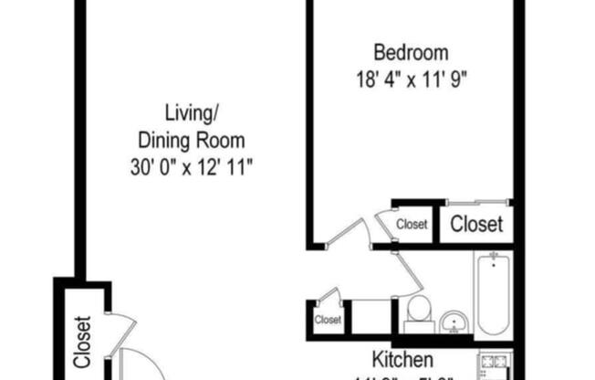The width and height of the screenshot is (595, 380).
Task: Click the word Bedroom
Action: click(411, 52)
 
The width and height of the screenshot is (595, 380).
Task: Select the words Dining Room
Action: click(191, 141)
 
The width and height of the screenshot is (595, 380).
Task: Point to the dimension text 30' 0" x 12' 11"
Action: click(191, 167)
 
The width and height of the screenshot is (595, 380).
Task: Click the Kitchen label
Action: click(402, 359)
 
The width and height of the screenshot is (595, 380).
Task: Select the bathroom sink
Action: click(454, 322)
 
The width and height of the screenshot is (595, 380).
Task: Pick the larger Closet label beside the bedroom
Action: click(476, 224)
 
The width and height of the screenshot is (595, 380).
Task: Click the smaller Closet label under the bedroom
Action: click(412, 224)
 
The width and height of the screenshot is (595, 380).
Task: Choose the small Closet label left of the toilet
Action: click(328, 320)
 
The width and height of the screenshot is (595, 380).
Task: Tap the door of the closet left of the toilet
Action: click(329, 294)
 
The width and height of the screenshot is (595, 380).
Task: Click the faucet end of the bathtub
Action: click(492, 265)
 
